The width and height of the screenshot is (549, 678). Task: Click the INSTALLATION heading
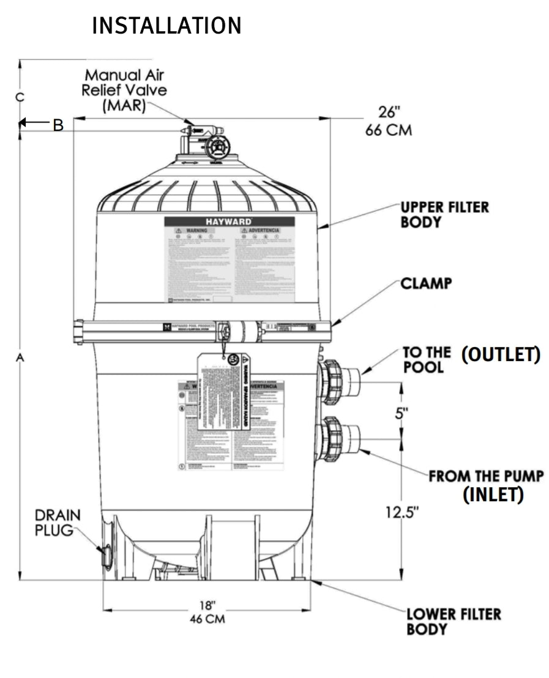point(166,26)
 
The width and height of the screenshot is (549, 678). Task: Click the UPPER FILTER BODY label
point(444,214)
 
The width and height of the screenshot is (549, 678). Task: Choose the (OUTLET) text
point(501,354)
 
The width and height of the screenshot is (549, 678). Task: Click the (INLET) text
point(493,494)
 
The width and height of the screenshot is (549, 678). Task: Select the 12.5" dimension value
point(401,512)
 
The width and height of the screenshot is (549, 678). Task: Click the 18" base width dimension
point(207,611)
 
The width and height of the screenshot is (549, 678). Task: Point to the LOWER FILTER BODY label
point(454,621)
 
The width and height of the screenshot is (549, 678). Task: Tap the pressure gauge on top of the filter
point(217,148)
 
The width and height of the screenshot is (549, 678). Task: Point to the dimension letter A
point(20,358)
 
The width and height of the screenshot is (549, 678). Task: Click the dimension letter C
point(20,97)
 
